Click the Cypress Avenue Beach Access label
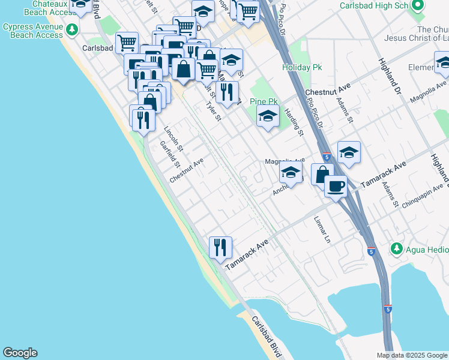point(32,31)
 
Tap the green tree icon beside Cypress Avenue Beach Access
point(72,29)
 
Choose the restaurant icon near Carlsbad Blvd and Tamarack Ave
point(220,247)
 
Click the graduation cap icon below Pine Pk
point(268,117)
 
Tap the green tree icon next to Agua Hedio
point(396,248)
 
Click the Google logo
point(20,353)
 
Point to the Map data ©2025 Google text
point(411,355)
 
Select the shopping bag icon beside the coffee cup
point(322,174)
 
